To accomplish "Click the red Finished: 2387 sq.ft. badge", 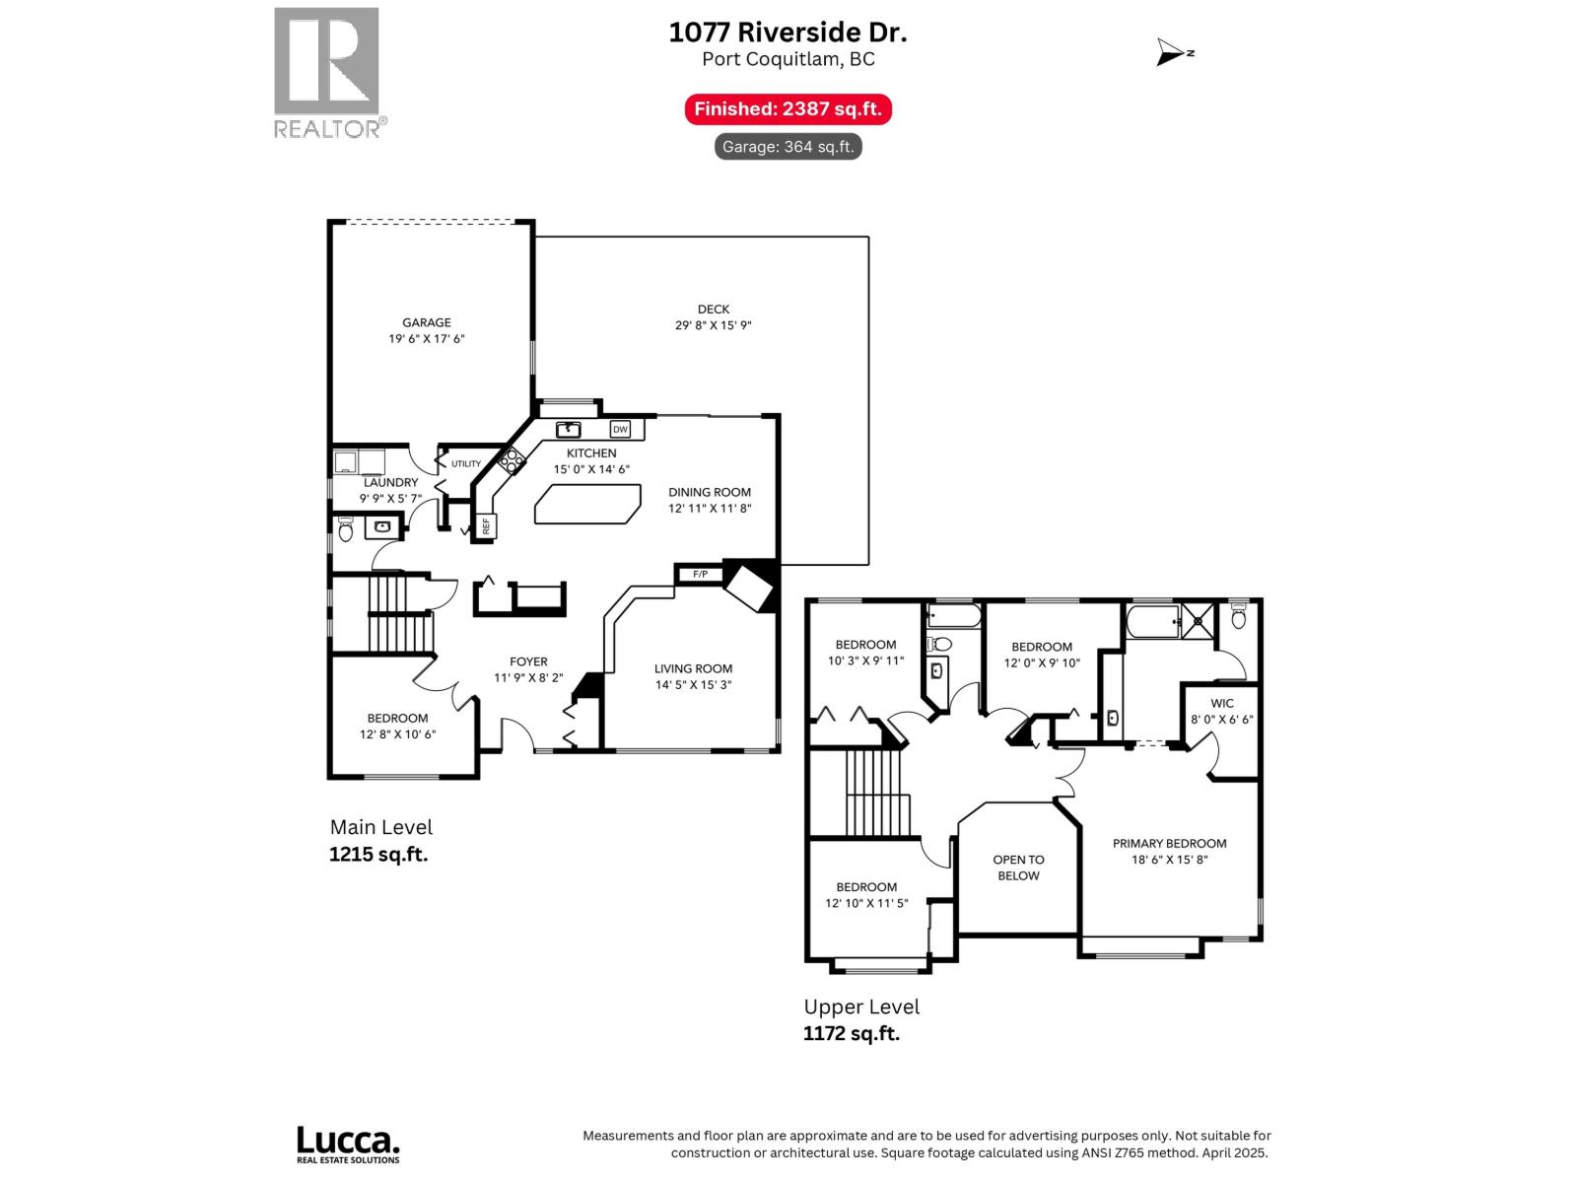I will coord(788,109).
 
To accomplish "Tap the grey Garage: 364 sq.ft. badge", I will coord(788,147).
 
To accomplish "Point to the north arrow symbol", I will coord(1173,53).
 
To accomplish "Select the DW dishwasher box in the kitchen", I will coord(620,429).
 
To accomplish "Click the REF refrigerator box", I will coord(486,526).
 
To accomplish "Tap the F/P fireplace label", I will coord(700,574).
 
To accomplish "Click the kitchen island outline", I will coord(587,504).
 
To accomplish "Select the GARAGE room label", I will coord(426,322).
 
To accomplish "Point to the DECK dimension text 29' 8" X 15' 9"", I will coord(713,325).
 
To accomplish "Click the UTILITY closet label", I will coord(466,463).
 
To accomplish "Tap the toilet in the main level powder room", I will coord(346,530).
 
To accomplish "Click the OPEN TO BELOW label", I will coord(1018,868).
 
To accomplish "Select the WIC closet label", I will coord(1221,703).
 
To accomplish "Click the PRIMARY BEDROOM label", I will coord(1169,843).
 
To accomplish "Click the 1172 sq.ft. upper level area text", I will coord(852,1033).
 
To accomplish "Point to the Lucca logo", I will coord(348,1144).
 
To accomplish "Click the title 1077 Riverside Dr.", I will coord(788,33).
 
